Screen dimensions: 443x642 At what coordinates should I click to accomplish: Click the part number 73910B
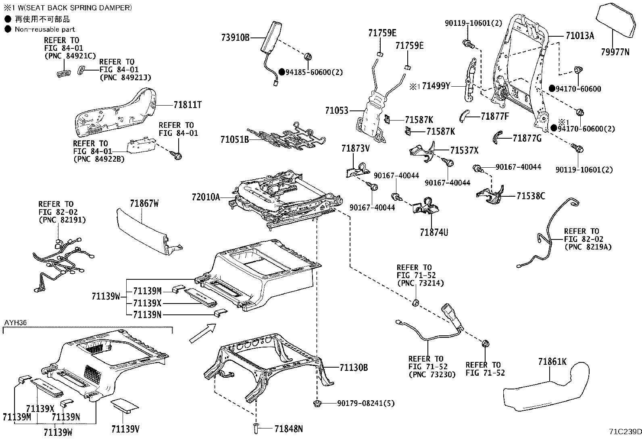tap(235, 38)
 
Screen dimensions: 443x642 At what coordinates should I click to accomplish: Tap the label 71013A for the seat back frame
tap(579, 36)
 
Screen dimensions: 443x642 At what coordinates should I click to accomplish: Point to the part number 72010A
tap(206, 197)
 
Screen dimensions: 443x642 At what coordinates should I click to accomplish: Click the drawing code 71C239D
tap(625, 432)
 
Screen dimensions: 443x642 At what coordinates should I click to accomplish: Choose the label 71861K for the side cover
tap(552, 362)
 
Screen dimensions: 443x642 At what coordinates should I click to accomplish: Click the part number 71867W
tap(144, 204)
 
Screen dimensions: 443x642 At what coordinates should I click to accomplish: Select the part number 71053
tap(336, 110)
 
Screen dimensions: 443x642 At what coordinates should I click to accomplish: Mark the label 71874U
tap(434, 232)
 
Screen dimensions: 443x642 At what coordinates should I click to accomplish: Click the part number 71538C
tap(531, 196)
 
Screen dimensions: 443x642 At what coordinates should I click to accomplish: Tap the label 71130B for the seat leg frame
tap(354, 367)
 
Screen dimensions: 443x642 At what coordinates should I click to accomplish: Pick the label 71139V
tap(125, 428)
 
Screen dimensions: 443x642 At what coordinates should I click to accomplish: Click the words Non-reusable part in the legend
tap(45, 29)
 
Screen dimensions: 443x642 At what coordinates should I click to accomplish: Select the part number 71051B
tap(234, 139)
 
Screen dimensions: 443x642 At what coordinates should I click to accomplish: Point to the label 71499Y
tap(436, 86)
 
